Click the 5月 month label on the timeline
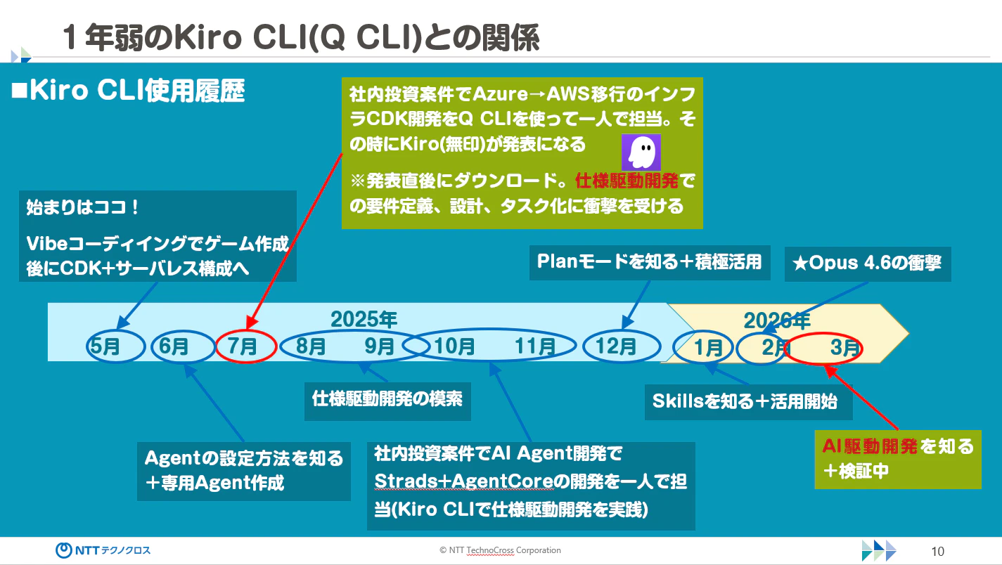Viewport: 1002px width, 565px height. (x=106, y=346)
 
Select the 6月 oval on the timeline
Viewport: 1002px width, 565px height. (x=174, y=346)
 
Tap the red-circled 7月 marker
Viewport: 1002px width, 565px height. (x=243, y=346)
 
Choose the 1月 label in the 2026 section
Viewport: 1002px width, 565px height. (x=708, y=347)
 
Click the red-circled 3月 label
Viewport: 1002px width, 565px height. (x=844, y=347)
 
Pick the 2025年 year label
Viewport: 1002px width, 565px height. (x=364, y=320)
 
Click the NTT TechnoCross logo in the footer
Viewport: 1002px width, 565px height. (x=103, y=550)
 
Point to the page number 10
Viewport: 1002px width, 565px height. (x=937, y=552)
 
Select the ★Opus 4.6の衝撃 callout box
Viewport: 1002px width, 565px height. (x=867, y=264)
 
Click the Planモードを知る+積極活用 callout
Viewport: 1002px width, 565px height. (x=649, y=261)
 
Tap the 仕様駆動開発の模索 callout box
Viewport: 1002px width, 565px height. (x=387, y=399)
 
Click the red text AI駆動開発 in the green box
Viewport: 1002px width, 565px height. (x=870, y=446)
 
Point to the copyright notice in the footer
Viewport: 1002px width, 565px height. (x=500, y=550)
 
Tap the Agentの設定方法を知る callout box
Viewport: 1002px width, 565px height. (x=243, y=470)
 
